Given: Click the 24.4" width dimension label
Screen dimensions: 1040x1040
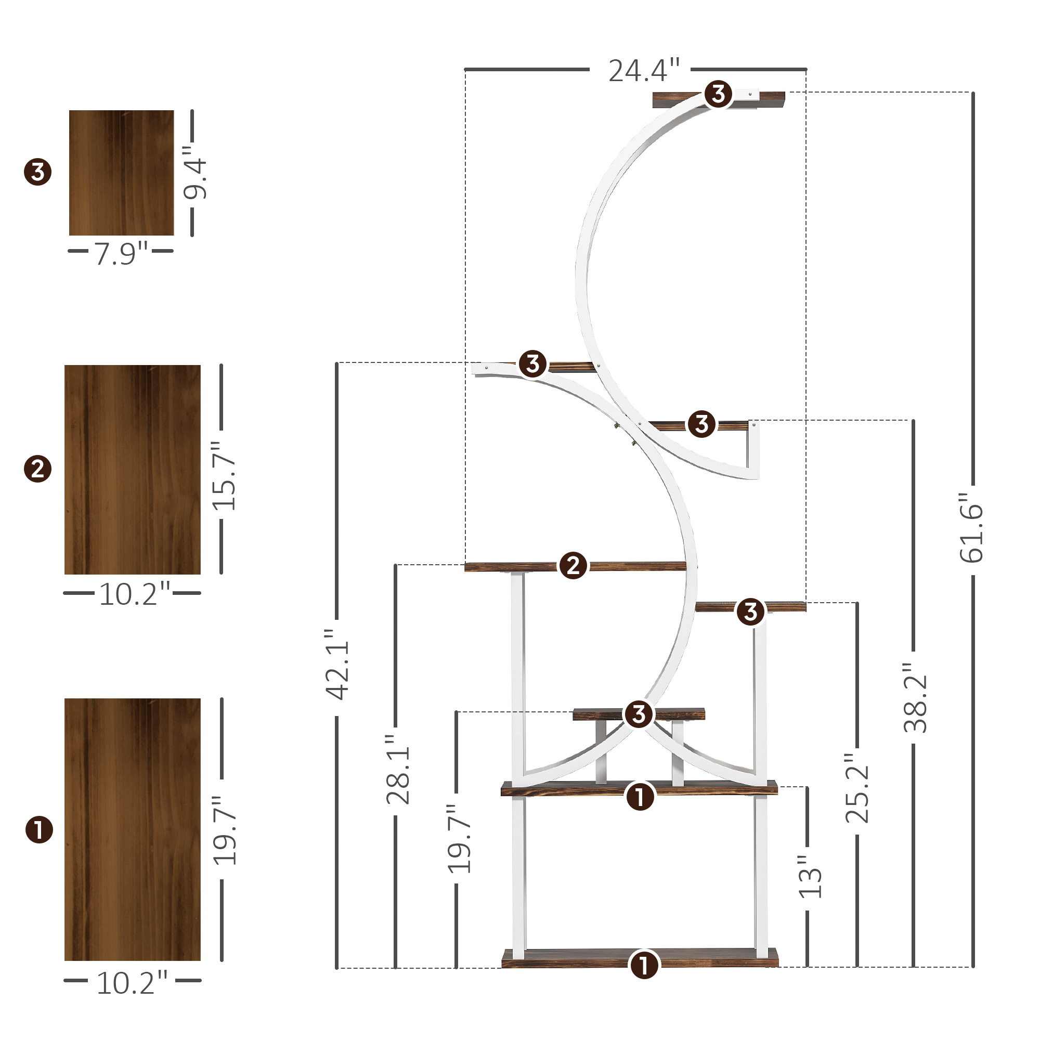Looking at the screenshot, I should (x=643, y=71).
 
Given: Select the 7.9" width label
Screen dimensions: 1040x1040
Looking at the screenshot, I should (x=121, y=254).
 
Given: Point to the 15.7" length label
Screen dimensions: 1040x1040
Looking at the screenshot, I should (x=224, y=476).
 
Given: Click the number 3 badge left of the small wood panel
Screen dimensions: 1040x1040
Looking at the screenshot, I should (x=37, y=172).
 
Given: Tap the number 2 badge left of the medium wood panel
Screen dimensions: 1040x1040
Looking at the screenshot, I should (x=37, y=469).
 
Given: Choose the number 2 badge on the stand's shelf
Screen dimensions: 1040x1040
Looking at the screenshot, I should (x=573, y=566).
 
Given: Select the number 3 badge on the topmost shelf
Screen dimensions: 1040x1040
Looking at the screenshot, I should (x=718, y=94).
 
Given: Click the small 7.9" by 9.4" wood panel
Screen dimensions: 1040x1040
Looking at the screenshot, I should (x=121, y=173).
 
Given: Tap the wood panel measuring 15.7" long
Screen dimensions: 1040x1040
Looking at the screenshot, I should (x=133, y=470).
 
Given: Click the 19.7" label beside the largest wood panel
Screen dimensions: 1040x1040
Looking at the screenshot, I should (x=225, y=830).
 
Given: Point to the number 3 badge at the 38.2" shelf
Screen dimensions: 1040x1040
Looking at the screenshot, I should (x=701, y=424).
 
